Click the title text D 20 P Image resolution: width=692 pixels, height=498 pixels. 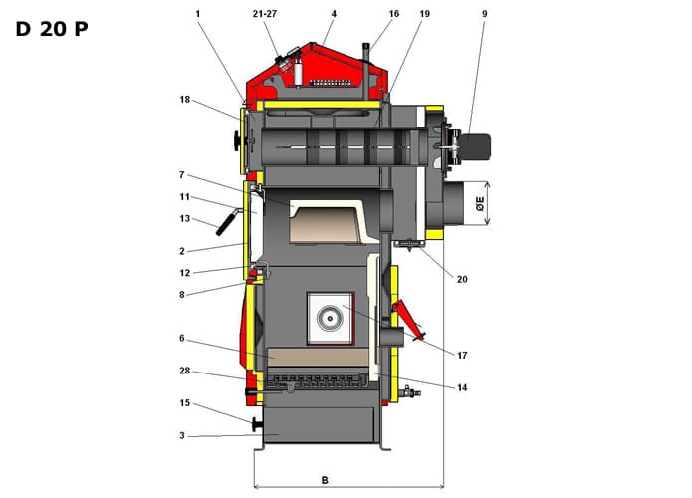(x=52, y=29)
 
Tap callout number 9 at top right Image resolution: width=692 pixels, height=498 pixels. (x=484, y=14)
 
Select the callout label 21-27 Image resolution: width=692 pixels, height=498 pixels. (x=265, y=14)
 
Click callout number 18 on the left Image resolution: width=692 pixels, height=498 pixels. (x=185, y=99)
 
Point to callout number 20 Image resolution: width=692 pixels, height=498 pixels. (x=462, y=279)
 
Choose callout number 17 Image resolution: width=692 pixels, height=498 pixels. (x=462, y=355)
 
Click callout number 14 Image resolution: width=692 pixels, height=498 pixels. (x=462, y=387)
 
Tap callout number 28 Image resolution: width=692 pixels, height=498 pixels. (x=185, y=371)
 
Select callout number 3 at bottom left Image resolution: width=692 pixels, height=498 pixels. (x=182, y=436)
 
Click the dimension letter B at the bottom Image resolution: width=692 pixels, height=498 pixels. (x=325, y=480)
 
